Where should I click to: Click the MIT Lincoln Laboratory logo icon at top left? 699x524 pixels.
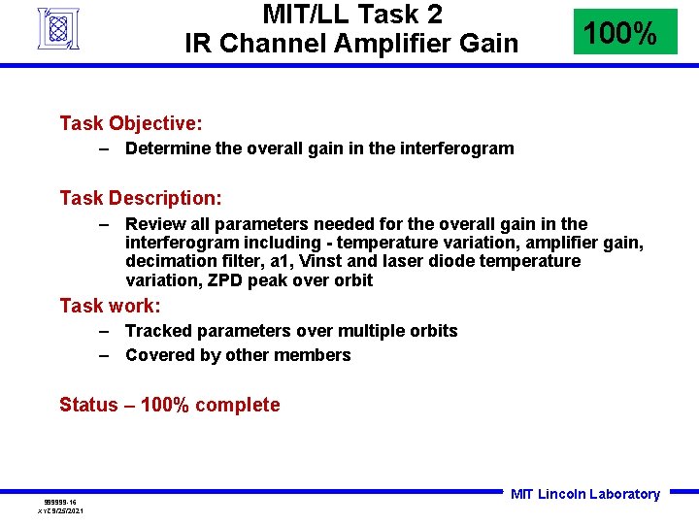[x=57, y=28]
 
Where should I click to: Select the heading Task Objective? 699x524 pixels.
[x=130, y=123]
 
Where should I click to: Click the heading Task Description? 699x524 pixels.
[x=141, y=198]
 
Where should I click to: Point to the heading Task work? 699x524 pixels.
[x=110, y=306]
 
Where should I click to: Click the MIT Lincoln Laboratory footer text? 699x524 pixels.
[x=584, y=494]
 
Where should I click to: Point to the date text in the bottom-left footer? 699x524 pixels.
[x=60, y=510]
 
